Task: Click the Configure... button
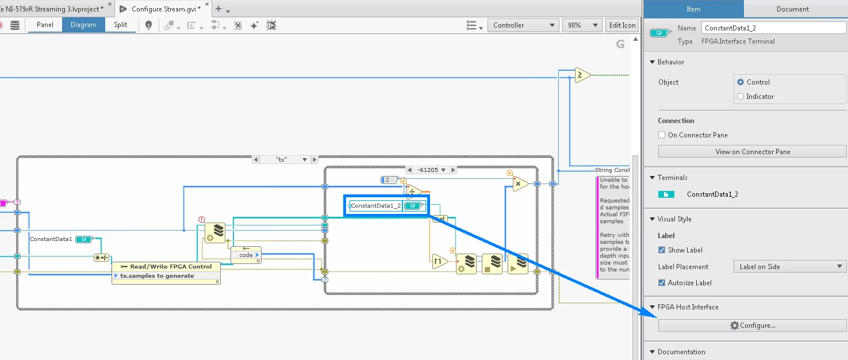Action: click(x=752, y=325)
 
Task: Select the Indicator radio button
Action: click(x=740, y=97)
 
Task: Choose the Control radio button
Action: click(x=740, y=82)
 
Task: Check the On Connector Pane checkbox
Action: click(x=662, y=135)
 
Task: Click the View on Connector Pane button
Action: click(x=752, y=152)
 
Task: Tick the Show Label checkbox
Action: click(x=662, y=250)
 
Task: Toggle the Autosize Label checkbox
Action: click(x=662, y=283)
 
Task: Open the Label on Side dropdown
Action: click(x=789, y=267)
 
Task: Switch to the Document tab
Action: click(x=792, y=9)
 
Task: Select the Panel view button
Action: click(x=45, y=25)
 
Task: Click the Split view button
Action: click(x=120, y=25)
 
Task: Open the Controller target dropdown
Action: click(x=523, y=25)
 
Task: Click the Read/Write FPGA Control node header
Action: click(x=166, y=266)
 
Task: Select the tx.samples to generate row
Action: click(x=157, y=276)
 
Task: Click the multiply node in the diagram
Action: click(x=520, y=184)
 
